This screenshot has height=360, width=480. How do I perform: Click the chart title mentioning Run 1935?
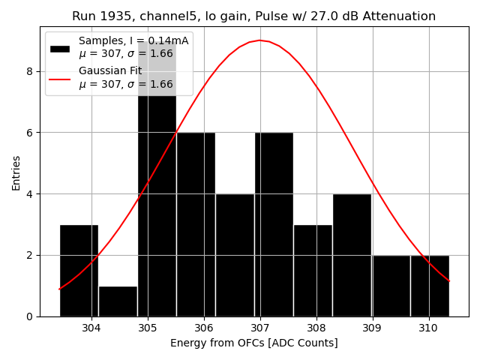(x=253, y=16)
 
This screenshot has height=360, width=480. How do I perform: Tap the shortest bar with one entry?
(x=118, y=301)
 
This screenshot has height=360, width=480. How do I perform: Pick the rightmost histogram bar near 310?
(x=430, y=286)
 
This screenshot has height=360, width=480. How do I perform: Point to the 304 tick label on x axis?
(x=91, y=328)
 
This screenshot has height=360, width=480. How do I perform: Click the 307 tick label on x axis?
(x=260, y=328)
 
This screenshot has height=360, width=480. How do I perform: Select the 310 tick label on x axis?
(x=428, y=328)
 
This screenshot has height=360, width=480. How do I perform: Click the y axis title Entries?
(x=16, y=172)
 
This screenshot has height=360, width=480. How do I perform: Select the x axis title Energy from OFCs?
(x=253, y=343)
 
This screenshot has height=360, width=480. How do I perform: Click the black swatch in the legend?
(x=60, y=48)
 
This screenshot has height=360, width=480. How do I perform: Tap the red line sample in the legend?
(x=60, y=78)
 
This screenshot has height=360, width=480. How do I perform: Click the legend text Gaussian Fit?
(x=110, y=71)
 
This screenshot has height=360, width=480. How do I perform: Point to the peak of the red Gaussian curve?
(x=260, y=40)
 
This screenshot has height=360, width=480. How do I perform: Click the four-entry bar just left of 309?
(x=352, y=255)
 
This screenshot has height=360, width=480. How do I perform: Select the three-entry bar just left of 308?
(x=313, y=270)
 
